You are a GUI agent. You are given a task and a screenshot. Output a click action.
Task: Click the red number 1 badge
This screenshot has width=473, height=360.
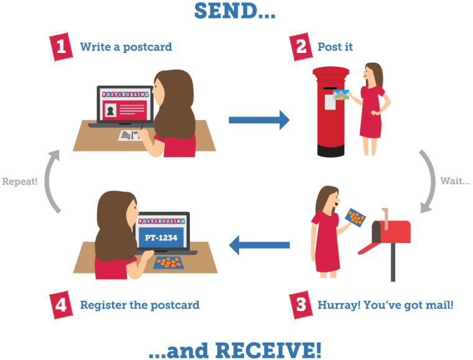pyautogui.click(x=59, y=46)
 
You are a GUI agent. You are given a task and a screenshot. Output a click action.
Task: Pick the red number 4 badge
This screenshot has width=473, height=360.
pyautogui.click(x=60, y=305)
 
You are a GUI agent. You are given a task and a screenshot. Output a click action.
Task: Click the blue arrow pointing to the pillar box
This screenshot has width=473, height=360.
pyautogui.click(x=259, y=120)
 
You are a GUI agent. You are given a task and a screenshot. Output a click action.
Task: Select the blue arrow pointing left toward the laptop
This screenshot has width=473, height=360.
pyautogui.click(x=259, y=245)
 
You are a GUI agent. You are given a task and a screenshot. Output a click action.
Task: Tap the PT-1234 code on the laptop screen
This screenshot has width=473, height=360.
pyautogui.click(x=161, y=238)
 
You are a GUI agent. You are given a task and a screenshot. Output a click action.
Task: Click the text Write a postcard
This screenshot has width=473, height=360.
pyautogui.click(x=125, y=47)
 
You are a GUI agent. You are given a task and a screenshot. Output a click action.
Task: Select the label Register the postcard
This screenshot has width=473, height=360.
pyautogui.click(x=139, y=305)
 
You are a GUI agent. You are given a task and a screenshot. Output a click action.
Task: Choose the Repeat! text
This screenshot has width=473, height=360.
pyautogui.click(x=19, y=181)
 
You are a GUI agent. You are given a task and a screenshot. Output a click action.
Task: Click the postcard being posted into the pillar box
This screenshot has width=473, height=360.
pyautogui.click(x=343, y=95)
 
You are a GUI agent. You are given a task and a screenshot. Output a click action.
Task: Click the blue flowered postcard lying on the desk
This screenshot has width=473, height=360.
pyautogui.click(x=169, y=262)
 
